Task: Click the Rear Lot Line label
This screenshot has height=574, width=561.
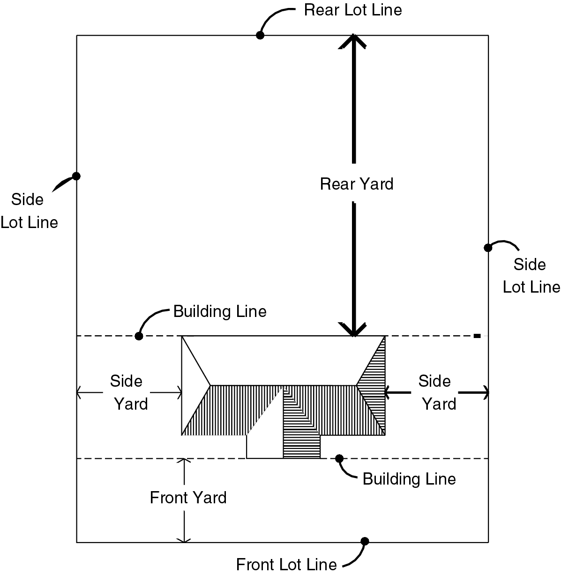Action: pyautogui.click(x=352, y=10)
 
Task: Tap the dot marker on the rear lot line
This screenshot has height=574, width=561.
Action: pyautogui.click(x=260, y=35)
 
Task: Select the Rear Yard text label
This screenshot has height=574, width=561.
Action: pyautogui.click(x=357, y=184)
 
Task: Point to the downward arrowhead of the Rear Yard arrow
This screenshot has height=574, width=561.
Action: pyautogui.click(x=354, y=330)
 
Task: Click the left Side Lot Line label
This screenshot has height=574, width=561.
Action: pyautogui.click(x=29, y=211)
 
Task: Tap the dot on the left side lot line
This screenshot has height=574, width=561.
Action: pyautogui.click(x=76, y=176)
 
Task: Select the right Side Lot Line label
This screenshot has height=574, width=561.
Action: pyautogui.click(x=531, y=275)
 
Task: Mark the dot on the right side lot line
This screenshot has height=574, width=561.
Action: pyautogui.click(x=487, y=247)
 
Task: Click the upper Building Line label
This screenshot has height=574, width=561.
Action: pyautogui.click(x=220, y=311)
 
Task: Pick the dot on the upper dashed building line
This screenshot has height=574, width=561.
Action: pyautogui.click(x=139, y=336)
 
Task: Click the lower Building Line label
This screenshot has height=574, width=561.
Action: pyautogui.click(x=409, y=479)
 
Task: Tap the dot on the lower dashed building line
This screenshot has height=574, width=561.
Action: pyautogui.click(x=339, y=458)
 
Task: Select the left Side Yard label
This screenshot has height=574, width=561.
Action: pyautogui.click(x=128, y=392)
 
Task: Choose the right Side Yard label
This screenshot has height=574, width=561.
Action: pyautogui.click(x=437, y=392)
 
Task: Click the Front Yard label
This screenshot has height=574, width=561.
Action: pyautogui.click(x=188, y=497)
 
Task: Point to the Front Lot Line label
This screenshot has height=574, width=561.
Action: pyautogui.click(x=286, y=564)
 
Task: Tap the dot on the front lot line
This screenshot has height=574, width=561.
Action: pyautogui.click(x=365, y=541)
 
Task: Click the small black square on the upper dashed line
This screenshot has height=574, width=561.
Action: pyautogui.click(x=477, y=336)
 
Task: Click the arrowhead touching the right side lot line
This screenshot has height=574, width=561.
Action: pyautogui.click(x=485, y=392)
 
